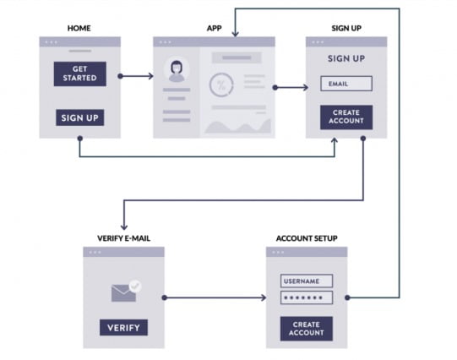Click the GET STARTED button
click(x=80, y=74)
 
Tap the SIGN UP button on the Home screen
click(x=80, y=117)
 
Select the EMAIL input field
click(x=346, y=84)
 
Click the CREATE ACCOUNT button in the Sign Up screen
click(x=346, y=117)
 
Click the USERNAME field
click(x=307, y=281)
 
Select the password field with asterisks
click(x=307, y=297)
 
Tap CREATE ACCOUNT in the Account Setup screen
click(x=307, y=329)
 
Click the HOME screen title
click(x=79, y=28)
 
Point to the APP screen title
click(x=215, y=28)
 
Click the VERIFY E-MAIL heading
click(x=124, y=238)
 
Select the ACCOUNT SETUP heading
click(x=307, y=238)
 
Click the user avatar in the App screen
click(x=177, y=71)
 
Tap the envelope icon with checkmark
click(x=126, y=291)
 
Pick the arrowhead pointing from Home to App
click(x=150, y=76)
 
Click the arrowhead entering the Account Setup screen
click(x=264, y=297)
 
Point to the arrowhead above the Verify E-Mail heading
click(x=124, y=226)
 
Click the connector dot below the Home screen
click(x=80, y=139)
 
